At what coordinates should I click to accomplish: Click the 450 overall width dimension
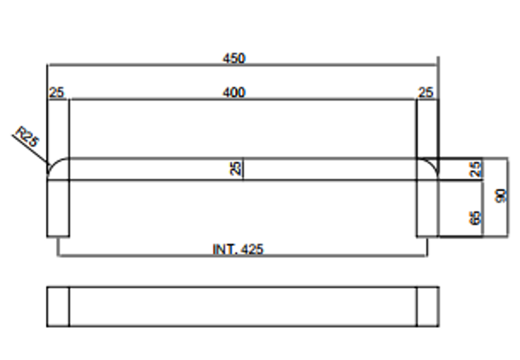pyautogui.click(x=234, y=58)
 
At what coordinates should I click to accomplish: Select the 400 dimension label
pyautogui.click(x=234, y=92)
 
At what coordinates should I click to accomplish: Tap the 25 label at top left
pyautogui.click(x=56, y=92)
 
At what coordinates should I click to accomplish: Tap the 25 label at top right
pyautogui.click(x=426, y=92)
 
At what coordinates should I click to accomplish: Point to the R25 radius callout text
pyautogui.click(x=27, y=136)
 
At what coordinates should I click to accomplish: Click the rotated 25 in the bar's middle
pyautogui.click(x=235, y=168)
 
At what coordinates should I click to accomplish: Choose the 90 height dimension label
pyautogui.click(x=500, y=195)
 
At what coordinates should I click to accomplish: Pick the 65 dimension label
pyautogui.click(x=476, y=218)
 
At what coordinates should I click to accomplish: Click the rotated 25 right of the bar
pyautogui.click(x=476, y=169)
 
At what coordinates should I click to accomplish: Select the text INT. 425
pyautogui.click(x=238, y=249)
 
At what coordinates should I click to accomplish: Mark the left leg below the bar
pyautogui.click(x=58, y=208)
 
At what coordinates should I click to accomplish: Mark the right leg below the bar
pyautogui.click(x=428, y=208)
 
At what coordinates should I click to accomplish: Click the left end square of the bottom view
pyautogui.click(x=58, y=306)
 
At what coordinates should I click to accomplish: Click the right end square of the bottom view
pyautogui.click(x=428, y=306)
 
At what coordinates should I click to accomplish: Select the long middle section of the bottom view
pyautogui.click(x=243, y=306)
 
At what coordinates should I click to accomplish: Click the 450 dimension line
pyautogui.click(x=243, y=65)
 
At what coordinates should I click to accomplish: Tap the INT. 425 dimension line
pyautogui.click(x=242, y=256)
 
